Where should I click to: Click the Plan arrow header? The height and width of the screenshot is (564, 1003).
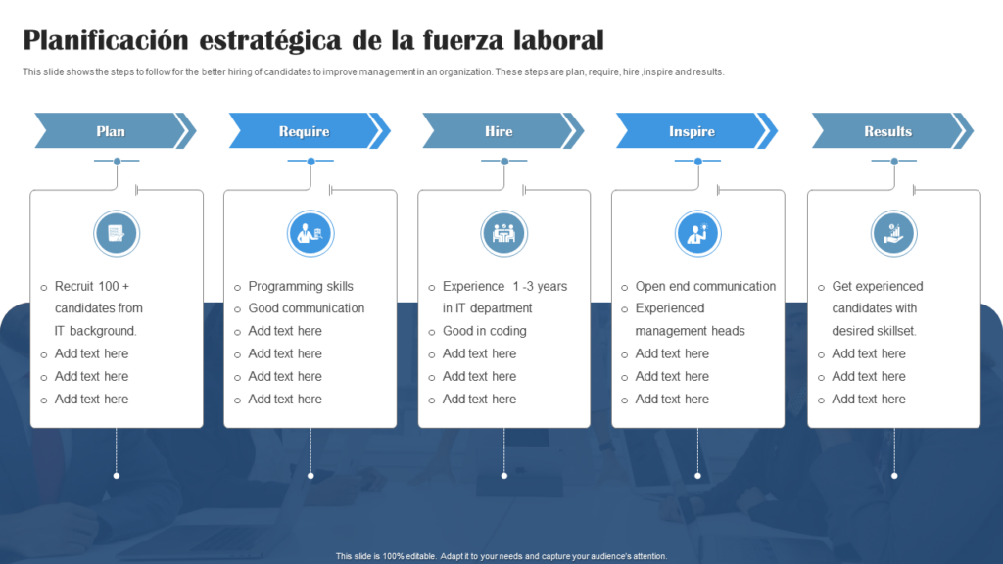pyautogui.click(x=111, y=131)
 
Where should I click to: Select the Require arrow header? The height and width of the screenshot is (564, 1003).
pyautogui.click(x=304, y=131)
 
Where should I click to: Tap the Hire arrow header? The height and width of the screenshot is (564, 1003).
pyautogui.click(x=499, y=131)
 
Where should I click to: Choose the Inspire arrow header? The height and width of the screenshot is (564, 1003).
pyautogui.click(x=692, y=131)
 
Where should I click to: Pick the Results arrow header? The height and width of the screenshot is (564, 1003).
pyautogui.click(x=887, y=131)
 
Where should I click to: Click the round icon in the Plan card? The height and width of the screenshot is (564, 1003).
pyautogui.click(x=117, y=234)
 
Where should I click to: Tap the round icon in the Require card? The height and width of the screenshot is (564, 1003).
pyautogui.click(x=310, y=234)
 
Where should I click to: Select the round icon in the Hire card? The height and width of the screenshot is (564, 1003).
pyautogui.click(x=504, y=234)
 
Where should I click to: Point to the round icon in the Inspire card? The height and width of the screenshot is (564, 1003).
pyautogui.click(x=697, y=234)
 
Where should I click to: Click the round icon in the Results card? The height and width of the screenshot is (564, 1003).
pyautogui.click(x=894, y=234)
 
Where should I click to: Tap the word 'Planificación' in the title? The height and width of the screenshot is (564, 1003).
pyautogui.click(x=105, y=40)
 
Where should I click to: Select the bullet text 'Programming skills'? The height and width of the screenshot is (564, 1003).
pyautogui.click(x=301, y=286)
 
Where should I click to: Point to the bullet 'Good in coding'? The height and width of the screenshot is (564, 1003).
pyautogui.click(x=484, y=331)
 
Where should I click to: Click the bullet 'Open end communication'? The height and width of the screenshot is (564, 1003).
pyautogui.click(x=705, y=286)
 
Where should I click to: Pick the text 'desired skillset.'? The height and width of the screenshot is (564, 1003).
pyautogui.click(x=874, y=331)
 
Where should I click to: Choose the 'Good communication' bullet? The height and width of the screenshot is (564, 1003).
pyautogui.click(x=306, y=308)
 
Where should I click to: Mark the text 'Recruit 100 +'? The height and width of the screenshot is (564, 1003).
pyautogui.click(x=92, y=286)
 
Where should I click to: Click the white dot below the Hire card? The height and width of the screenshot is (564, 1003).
pyautogui.click(x=504, y=476)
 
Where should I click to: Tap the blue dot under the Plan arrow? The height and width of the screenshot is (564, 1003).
pyautogui.click(x=117, y=161)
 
